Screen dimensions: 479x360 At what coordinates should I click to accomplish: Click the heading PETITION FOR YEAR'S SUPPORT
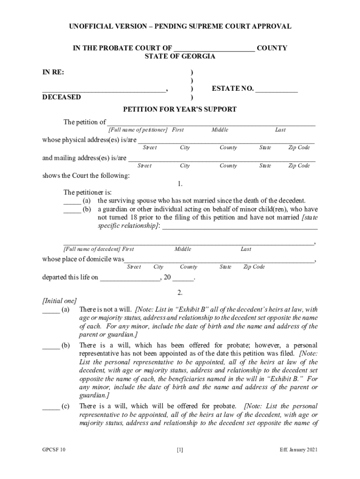pyautogui.click(x=180, y=109)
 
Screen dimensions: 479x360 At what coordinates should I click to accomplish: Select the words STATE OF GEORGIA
pyautogui.click(x=180, y=57)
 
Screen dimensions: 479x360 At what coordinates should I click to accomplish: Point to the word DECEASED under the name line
pyautogui.click(x=61, y=97)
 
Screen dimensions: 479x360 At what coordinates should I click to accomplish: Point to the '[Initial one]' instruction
pyautogui.click(x=59, y=301)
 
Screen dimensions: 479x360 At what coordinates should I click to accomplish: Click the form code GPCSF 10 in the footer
pyautogui.click(x=54, y=450)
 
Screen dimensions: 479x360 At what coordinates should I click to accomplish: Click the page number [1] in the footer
pyautogui.click(x=180, y=450)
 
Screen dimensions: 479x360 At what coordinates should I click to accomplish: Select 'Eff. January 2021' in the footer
pyautogui.click(x=299, y=450)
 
